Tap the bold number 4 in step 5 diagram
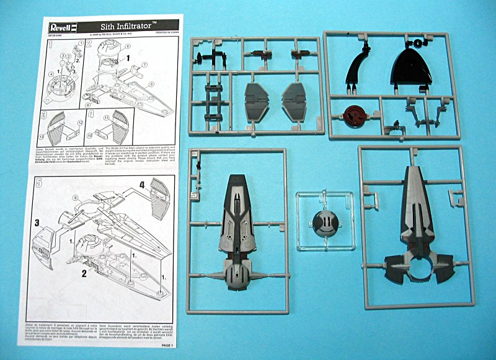[141, 184]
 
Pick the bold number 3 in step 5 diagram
[37, 222]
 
